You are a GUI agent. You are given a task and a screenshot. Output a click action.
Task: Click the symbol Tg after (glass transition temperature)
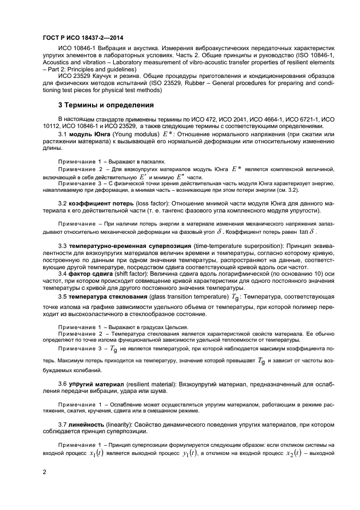pos(235,297)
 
